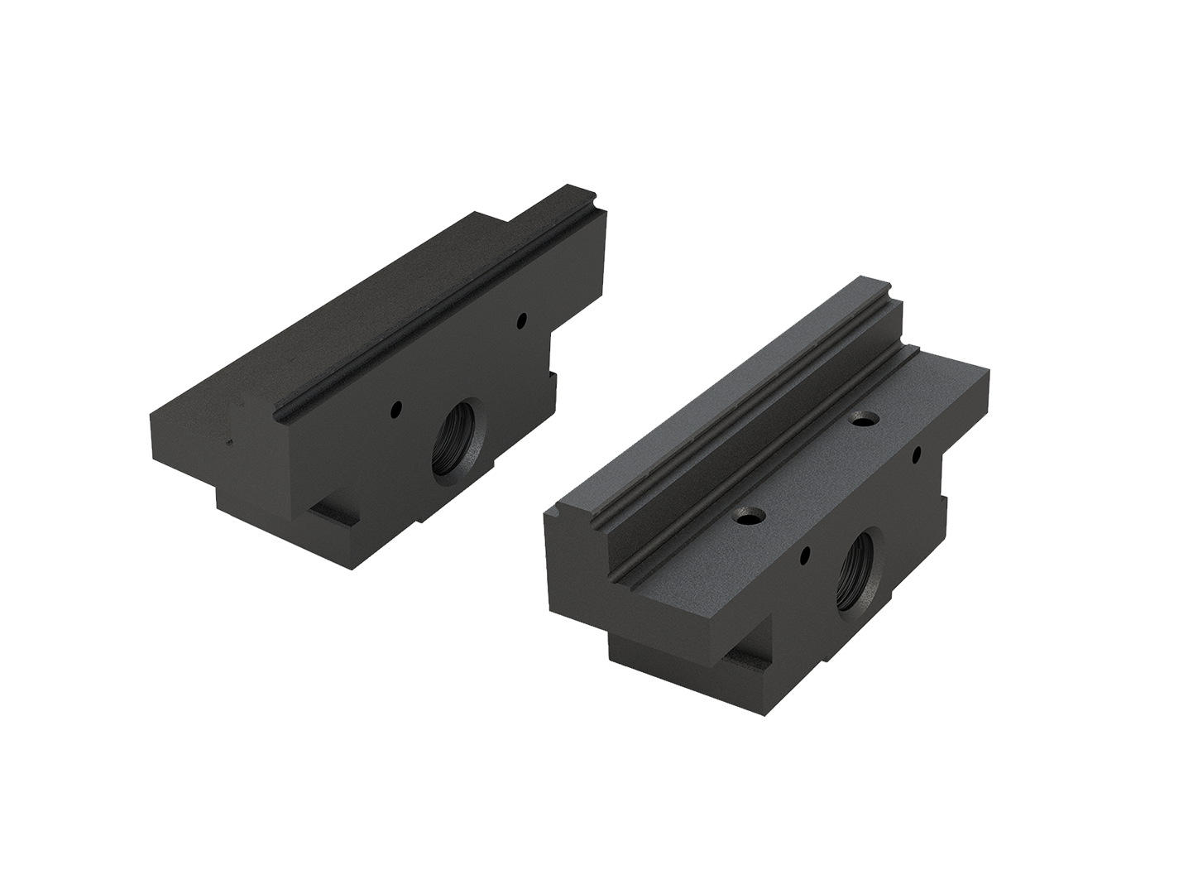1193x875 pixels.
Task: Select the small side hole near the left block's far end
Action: point(522,318)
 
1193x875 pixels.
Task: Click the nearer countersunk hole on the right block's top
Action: point(750,516)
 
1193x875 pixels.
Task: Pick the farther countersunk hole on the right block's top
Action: point(865,421)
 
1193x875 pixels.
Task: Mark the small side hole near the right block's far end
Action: point(917,454)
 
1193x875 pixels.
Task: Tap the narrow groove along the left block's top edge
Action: point(430,315)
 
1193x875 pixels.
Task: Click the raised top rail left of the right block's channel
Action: point(703,414)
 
